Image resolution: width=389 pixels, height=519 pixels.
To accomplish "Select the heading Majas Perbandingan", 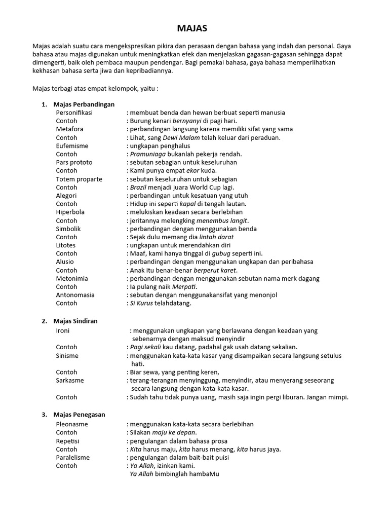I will tap(84, 104).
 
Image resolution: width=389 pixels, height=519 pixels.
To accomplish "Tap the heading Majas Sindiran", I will tap(75, 321).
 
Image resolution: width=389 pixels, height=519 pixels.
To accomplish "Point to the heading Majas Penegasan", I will tap(79, 415).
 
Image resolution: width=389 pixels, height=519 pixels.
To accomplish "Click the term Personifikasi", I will tap(74, 113).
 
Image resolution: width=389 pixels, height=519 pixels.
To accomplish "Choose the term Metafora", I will tap(69, 129).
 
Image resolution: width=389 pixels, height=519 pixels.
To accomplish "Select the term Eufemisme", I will tap(72, 146).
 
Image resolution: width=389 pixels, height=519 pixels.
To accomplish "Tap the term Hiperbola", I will tap(70, 212).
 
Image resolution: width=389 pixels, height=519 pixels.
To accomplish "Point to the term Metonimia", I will tap(72, 279).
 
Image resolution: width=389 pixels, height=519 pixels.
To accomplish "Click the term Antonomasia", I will tap(75, 295).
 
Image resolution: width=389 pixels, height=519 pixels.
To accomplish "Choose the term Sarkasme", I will tap(70, 380).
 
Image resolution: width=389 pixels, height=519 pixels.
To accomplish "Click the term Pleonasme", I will tap(73, 424).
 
